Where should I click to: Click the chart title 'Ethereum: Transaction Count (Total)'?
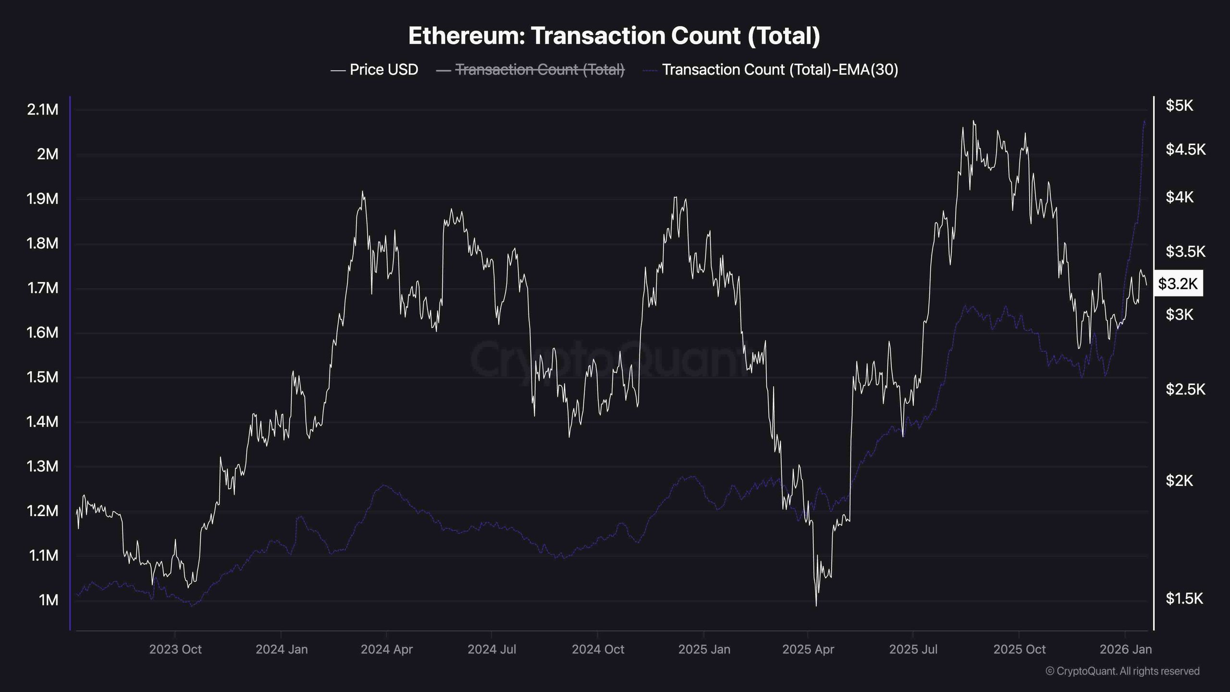point(614,36)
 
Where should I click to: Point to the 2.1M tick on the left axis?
point(43,110)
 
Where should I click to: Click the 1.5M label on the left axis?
point(43,377)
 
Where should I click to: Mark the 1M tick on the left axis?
point(49,600)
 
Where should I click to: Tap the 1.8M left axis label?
point(43,244)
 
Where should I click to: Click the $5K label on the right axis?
point(1179,106)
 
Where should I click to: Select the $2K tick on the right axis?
point(1179,480)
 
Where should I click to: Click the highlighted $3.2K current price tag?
point(1178,284)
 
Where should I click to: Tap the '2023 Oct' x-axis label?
point(175,650)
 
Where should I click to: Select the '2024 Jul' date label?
point(492,650)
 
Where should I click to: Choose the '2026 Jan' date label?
point(1125,650)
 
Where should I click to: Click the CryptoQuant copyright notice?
point(1122,671)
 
